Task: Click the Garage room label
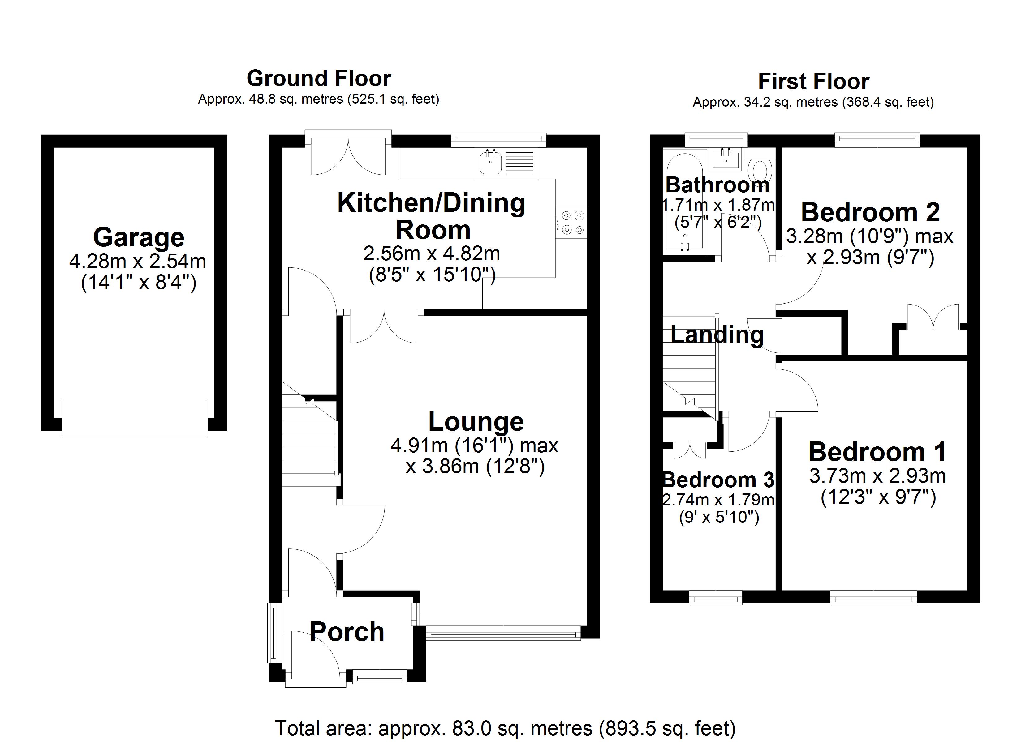tap(139, 237)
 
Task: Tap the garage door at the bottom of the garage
tap(135, 418)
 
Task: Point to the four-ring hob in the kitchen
tap(571, 223)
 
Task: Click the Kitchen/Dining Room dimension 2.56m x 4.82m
tap(431, 254)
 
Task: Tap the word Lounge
tap(476, 422)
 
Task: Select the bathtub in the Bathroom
tap(684, 203)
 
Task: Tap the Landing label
tap(717, 335)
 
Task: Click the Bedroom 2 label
tap(870, 212)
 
